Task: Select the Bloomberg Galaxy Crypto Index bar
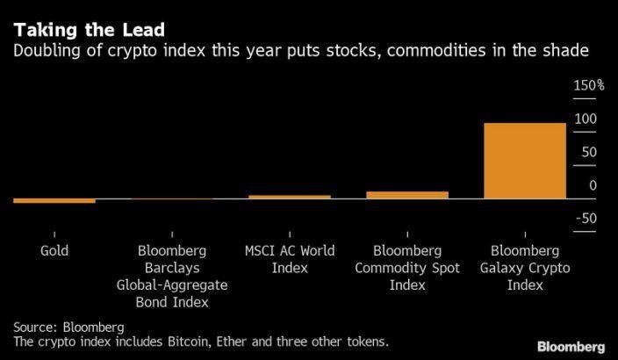pyautogui.click(x=525, y=161)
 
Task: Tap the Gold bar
pyautogui.click(x=54, y=201)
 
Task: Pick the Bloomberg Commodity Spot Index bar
pyautogui.click(x=407, y=195)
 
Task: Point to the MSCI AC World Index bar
pyautogui.click(x=290, y=197)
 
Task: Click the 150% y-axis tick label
pyautogui.click(x=589, y=86)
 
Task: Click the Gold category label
pyautogui.click(x=54, y=251)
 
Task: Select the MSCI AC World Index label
pyautogui.click(x=290, y=259)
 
